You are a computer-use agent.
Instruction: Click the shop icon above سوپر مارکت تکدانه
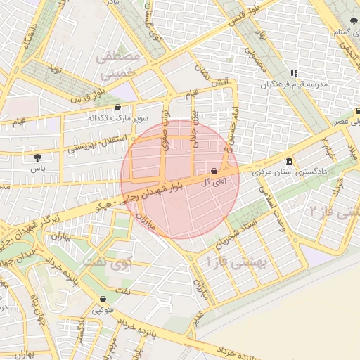[117, 107]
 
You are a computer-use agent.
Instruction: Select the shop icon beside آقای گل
[214, 171]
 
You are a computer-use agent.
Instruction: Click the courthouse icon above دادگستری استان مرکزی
[290, 161]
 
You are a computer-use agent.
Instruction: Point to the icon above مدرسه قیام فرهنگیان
[294, 73]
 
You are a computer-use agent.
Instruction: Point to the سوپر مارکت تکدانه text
[117, 118]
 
